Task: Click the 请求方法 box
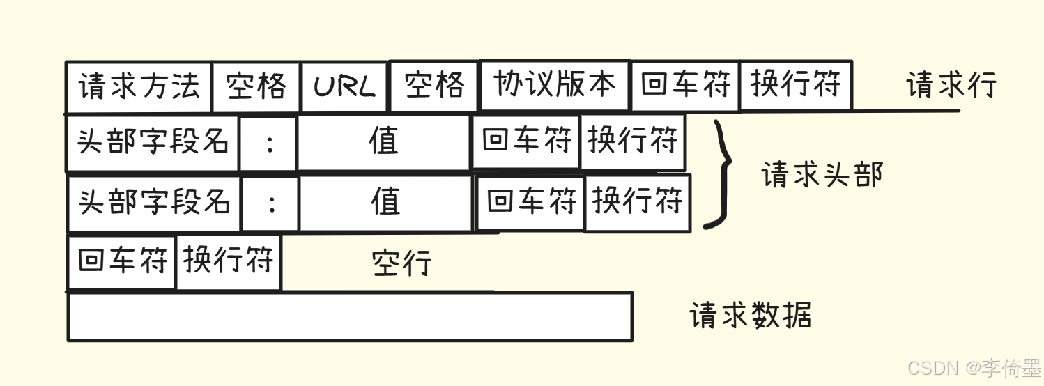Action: coord(139,87)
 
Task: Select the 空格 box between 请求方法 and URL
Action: coord(256,87)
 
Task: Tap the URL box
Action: coord(344,87)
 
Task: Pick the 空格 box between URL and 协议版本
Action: coord(434,86)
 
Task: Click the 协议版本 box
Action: coord(555,85)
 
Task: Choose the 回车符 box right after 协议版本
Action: coord(684,86)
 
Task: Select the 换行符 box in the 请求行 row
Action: coord(795,85)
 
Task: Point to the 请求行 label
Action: coord(951,86)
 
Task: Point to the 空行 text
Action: coord(401,263)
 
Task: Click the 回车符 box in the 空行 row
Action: coord(122,262)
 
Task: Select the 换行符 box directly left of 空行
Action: coord(229,262)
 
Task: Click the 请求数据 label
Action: coord(750,316)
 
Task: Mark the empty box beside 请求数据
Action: coord(350,316)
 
